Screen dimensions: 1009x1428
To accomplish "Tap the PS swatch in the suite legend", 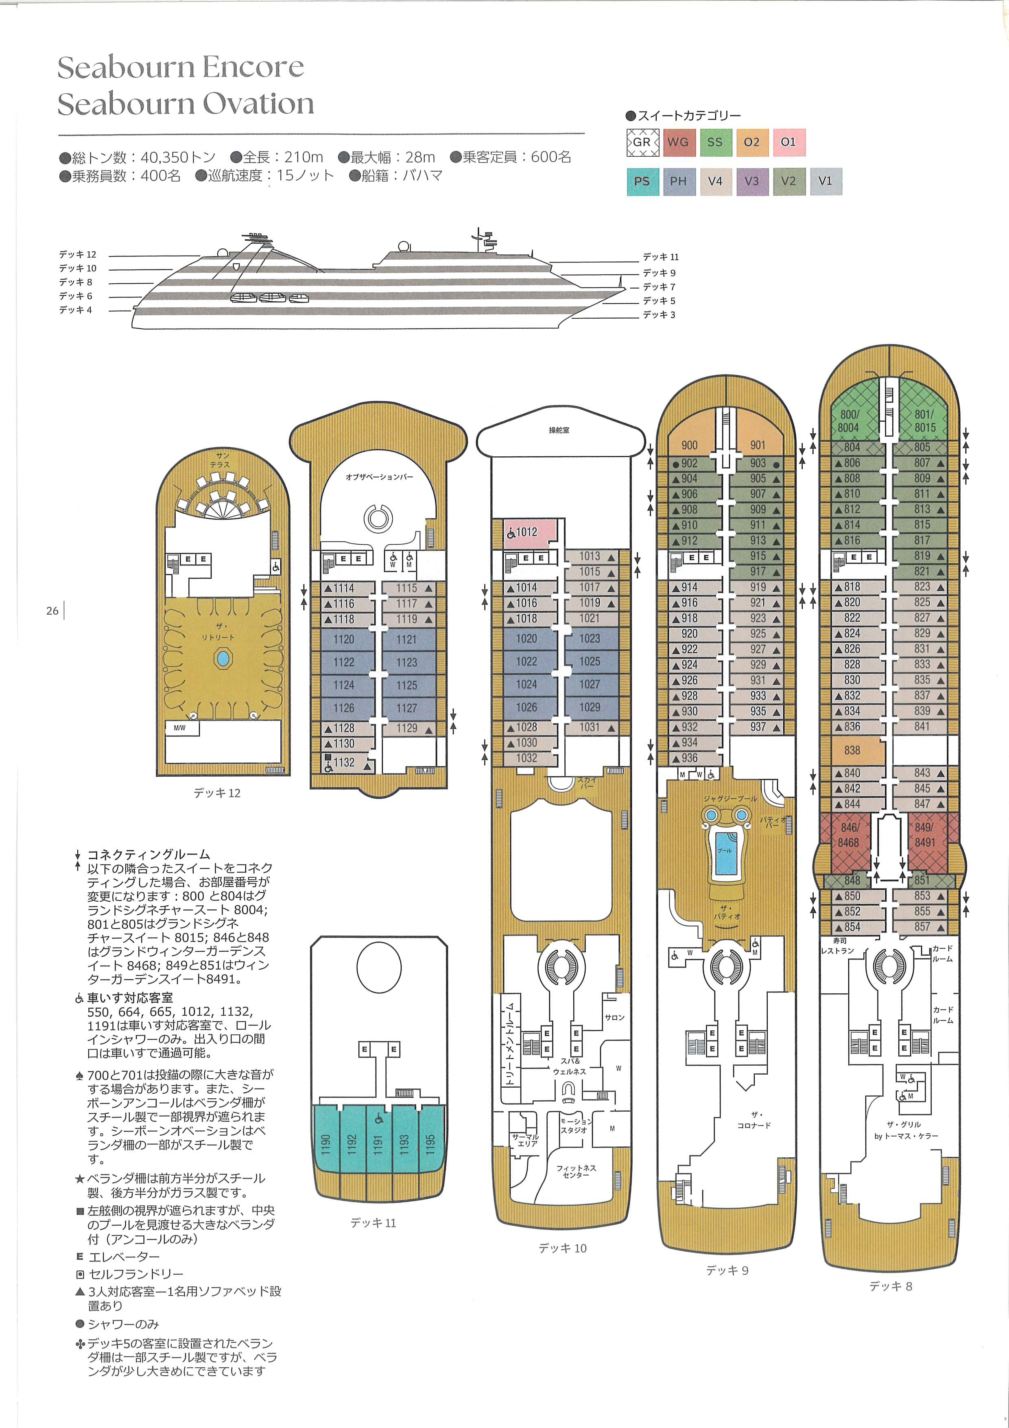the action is [x=642, y=182].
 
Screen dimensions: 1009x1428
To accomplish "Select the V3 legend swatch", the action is [x=751, y=182].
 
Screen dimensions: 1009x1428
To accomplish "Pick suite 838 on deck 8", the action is [x=852, y=751].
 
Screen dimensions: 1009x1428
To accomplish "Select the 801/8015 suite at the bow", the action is [x=924, y=421].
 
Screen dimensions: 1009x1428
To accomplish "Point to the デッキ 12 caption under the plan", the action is [x=216, y=793].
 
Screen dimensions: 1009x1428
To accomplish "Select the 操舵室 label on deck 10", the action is [x=559, y=430].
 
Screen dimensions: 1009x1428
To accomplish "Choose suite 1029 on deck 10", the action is [x=590, y=707].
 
